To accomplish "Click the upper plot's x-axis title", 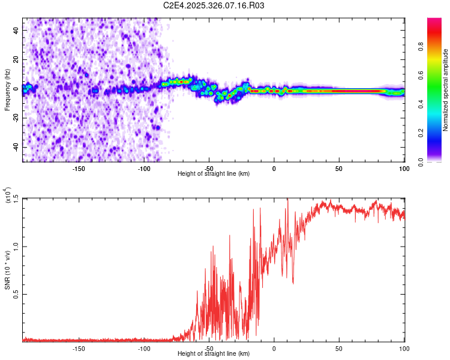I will (214, 173).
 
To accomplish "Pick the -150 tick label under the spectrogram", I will (78, 169).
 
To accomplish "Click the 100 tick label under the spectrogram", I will (404, 169).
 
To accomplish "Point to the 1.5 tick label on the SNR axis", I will (16, 199).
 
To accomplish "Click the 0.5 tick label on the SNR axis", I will (16, 294).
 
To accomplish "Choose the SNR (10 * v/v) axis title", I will (8, 270).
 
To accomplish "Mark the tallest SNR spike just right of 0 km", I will (288, 200).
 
